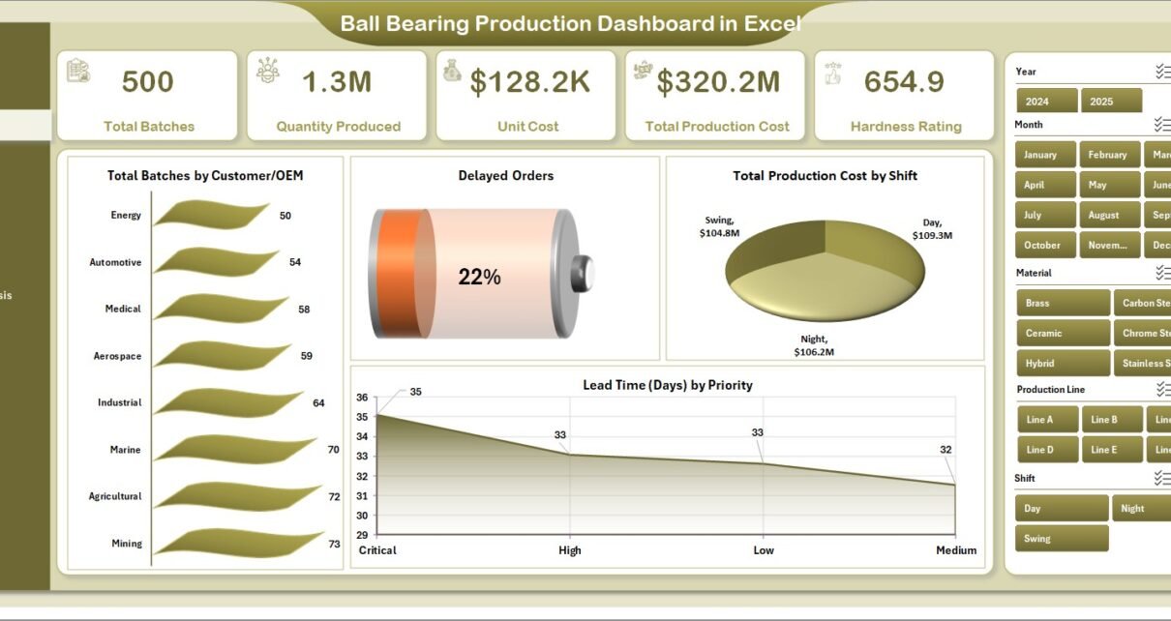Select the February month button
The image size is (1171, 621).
pos(1107,155)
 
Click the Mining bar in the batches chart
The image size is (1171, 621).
pos(238,543)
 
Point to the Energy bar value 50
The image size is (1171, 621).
pos(285,216)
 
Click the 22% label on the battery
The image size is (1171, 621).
pos(479,278)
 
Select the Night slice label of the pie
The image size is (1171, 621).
pos(814,345)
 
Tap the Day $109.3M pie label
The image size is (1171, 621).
pos(932,229)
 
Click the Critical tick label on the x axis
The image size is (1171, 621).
pos(377,550)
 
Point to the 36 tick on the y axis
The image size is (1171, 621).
pos(362,398)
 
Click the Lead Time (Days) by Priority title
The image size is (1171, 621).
pos(668,385)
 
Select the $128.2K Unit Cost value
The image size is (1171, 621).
pos(529,82)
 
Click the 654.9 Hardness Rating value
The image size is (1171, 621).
pos(904,82)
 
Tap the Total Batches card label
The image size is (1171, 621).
pos(149,127)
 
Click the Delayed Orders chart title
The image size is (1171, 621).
pos(505,176)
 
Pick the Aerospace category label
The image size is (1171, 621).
pos(117,356)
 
